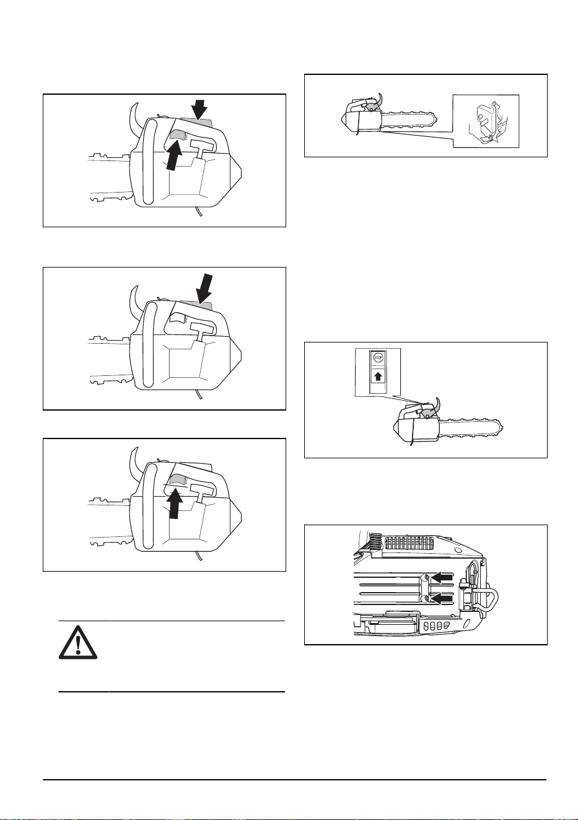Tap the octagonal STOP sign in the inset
(378, 357)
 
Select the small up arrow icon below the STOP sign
(378, 377)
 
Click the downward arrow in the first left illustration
(199, 109)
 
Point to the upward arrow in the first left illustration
(173, 155)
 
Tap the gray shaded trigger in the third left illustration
(178, 479)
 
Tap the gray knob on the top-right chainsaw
(370, 107)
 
